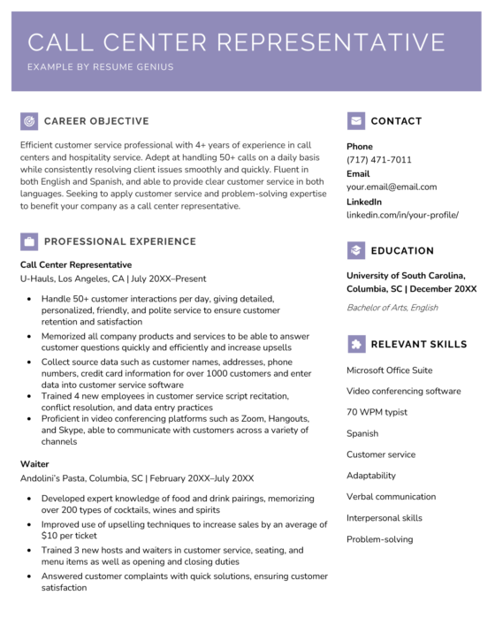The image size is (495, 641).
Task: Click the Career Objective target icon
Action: pos(29,120)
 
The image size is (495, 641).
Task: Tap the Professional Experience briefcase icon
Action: pos(29,240)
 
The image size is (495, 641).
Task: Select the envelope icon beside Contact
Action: pos(356,120)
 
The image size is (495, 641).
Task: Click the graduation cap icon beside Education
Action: pos(356,250)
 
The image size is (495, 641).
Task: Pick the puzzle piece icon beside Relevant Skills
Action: pos(356,344)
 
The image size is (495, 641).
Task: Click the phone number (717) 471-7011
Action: pos(378,160)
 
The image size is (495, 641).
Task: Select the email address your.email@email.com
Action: pos(391,187)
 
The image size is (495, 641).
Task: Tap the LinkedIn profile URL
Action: pos(402,214)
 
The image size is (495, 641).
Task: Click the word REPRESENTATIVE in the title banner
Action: pos(331,42)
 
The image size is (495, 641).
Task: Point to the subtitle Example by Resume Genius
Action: pos(100,67)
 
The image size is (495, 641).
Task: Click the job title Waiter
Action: pos(34,463)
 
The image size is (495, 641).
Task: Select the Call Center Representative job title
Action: pos(76,264)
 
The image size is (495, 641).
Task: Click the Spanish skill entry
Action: pos(362,433)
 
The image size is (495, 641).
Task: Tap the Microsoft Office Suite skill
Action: pos(389,370)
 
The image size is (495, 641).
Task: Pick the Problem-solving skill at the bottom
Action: pos(379,539)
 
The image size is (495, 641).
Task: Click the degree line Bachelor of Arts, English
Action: pos(392,308)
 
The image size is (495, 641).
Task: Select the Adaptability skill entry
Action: pos(371,476)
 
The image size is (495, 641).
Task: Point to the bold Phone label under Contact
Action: pos(360,147)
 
